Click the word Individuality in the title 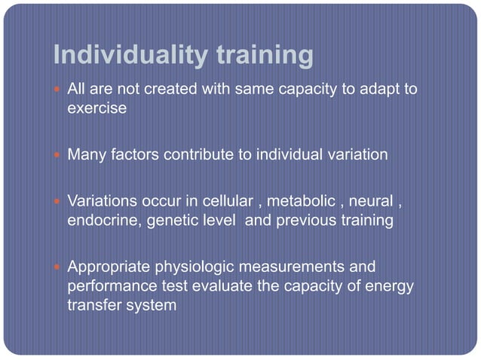(x=121, y=55)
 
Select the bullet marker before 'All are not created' (x=59, y=90)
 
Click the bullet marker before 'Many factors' (x=59, y=156)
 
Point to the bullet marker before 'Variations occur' (x=59, y=203)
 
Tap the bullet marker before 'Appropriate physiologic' (x=59, y=267)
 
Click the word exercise (x=97, y=108)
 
